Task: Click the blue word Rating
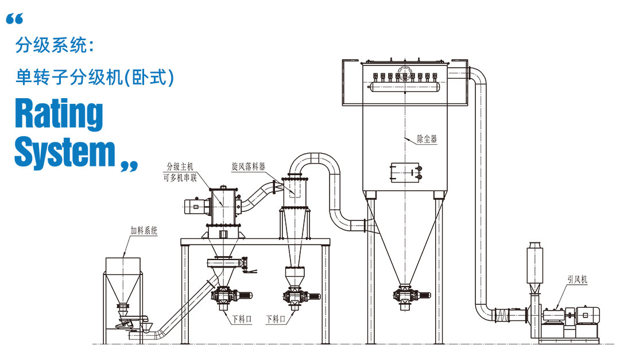coord(59,114)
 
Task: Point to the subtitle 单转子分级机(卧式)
coord(95,77)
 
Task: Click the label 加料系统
coord(144,231)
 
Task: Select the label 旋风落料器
coord(248,167)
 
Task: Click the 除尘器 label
coord(427,138)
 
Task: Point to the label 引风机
coord(578,280)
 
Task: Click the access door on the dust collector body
coord(405,172)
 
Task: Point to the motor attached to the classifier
coord(195,206)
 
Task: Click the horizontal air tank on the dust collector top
coord(404,86)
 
